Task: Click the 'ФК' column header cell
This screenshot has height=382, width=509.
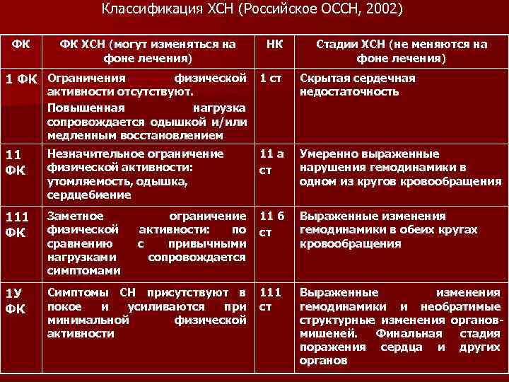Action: (21, 44)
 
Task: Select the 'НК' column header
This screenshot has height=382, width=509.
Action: (274, 44)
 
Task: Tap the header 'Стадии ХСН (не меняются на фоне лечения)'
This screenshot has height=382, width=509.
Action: (401, 50)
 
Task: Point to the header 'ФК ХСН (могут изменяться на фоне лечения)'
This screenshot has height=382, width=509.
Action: (147, 50)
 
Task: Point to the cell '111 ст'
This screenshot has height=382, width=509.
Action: (271, 299)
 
